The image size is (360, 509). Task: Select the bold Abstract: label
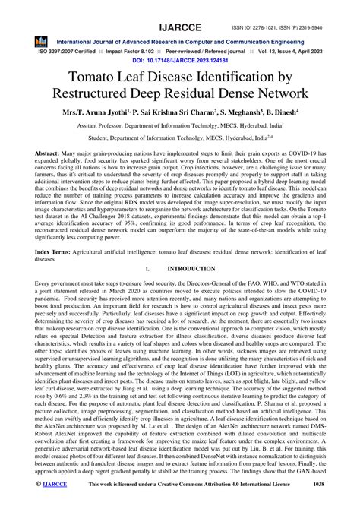coord(49,153)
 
